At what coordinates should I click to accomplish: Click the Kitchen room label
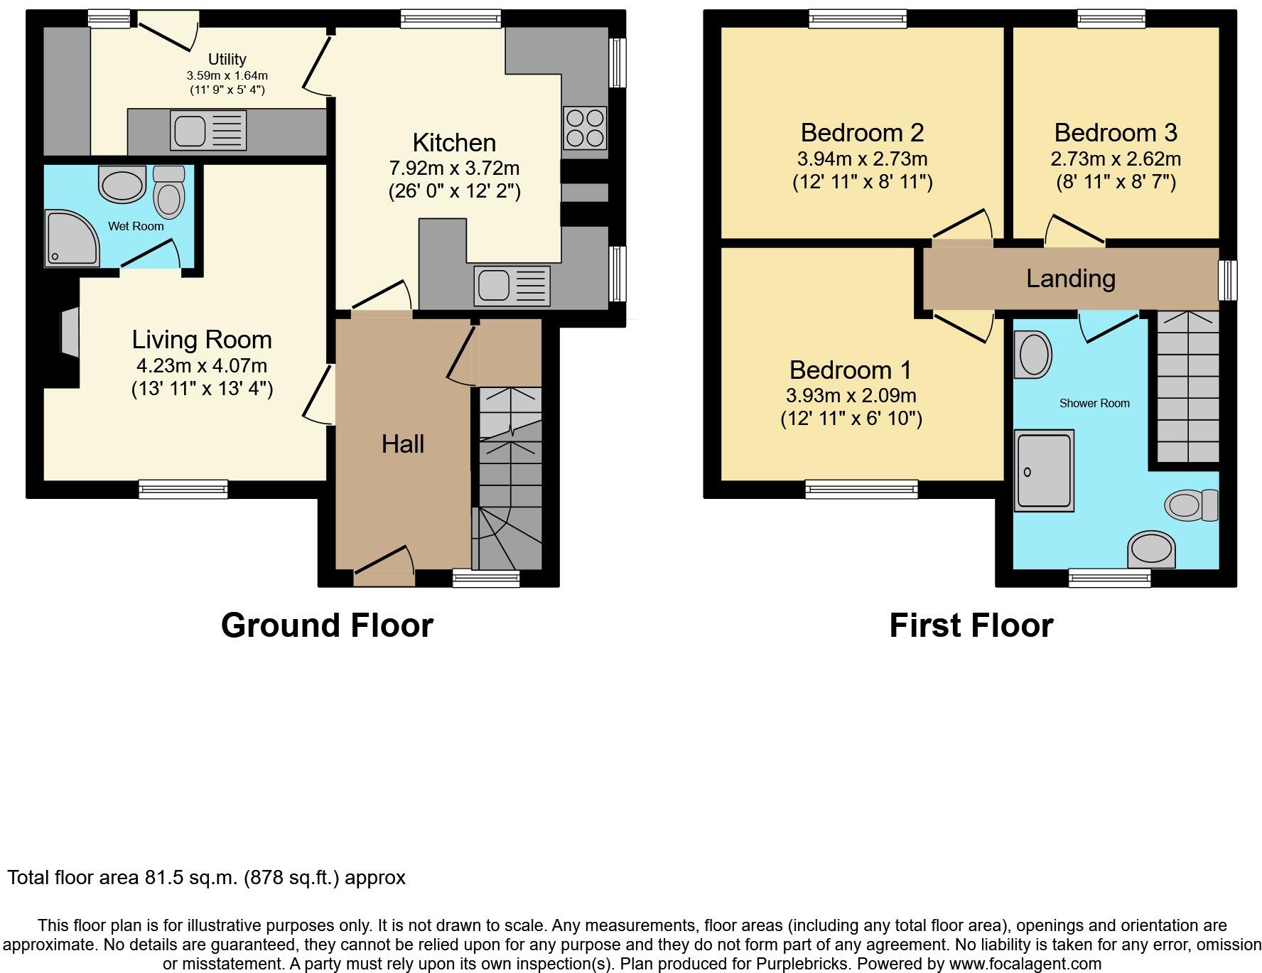pyautogui.click(x=454, y=143)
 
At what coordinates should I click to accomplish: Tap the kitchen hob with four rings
pyautogui.click(x=584, y=127)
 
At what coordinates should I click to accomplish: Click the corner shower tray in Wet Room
pyautogui.click(x=70, y=238)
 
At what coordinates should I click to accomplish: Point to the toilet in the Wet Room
pyautogui.click(x=169, y=192)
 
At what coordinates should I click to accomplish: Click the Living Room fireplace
pyautogui.click(x=70, y=331)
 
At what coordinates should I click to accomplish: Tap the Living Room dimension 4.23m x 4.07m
pyautogui.click(x=202, y=366)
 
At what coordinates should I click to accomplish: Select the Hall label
pyautogui.click(x=402, y=444)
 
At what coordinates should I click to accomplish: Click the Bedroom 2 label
pyautogui.click(x=862, y=133)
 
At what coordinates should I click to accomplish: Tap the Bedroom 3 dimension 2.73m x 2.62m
pyautogui.click(x=1116, y=159)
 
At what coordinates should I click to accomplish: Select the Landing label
pyautogui.click(x=1070, y=279)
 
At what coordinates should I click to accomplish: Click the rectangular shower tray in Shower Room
pyautogui.click(x=1043, y=471)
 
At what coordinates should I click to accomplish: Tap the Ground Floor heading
pyautogui.click(x=327, y=625)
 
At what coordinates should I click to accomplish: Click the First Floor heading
pyautogui.click(x=971, y=625)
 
